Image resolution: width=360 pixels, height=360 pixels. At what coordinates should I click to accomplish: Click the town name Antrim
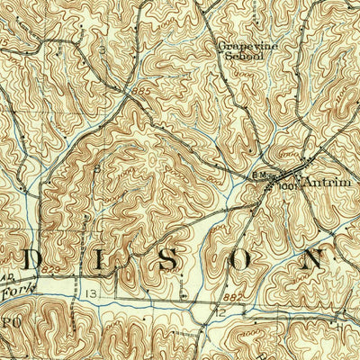(x=323, y=182)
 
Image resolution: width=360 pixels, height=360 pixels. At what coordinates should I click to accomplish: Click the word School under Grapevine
(x=242, y=55)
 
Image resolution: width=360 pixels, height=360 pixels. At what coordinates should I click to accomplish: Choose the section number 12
(x=219, y=310)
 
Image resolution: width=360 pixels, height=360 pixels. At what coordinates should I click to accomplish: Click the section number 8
(x=96, y=167)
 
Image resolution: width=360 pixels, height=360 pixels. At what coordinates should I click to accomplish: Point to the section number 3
(x=103, y=49)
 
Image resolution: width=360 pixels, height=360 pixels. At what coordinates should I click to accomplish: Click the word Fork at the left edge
(x=14, y=291)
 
